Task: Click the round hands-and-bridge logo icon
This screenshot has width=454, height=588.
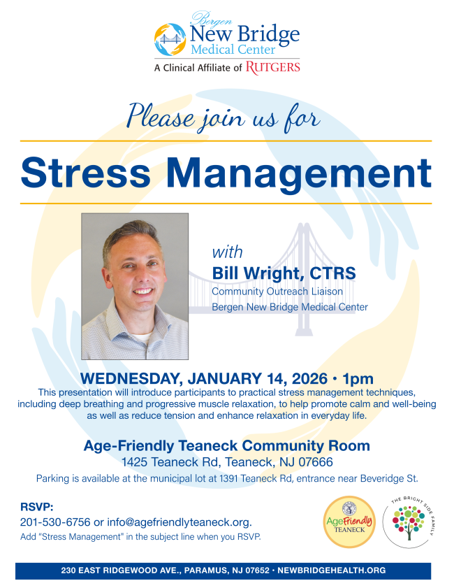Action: pyautogui.click(x=170, y=39)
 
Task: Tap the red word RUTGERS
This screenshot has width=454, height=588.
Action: pyautogui.click(x=272, y=68)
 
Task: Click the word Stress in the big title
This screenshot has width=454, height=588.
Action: pyautogui.click(x=86, y=173)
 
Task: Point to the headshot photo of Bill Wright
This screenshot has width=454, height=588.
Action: pyautogui.click(x=135, y=287)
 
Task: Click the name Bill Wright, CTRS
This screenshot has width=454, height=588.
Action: pyautogui.click(x=284, y=273)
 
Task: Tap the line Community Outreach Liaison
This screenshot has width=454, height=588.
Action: pyautogui.click(x=277, y=292)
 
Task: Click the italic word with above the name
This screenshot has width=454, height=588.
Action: pyautogui.click(x=228, y=252)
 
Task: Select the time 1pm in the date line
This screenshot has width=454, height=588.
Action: pyautogui.click(x=358, y=379)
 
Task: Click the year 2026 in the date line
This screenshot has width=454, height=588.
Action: pyautogui.click(x=309, y=378)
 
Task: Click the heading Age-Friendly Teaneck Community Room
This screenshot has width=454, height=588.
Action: pyautogui.click(x=226, y=445)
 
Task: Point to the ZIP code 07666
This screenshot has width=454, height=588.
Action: pyautogui.click(x=316, y=462)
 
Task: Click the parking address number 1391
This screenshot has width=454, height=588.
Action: pyautogui.click(x=229, y=478)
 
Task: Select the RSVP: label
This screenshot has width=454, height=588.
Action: pyautogui.click(x=37, y=508)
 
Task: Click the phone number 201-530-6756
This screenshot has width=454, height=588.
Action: pyautogui.click(x=55, y=522)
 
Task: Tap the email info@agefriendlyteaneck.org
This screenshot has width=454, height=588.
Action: pyautogui.click(x=180, y=522)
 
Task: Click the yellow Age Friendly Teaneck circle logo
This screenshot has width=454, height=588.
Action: pyautogui.click(x=349, y=522)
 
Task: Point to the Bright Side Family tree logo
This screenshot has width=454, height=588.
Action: pyautogui.click(x=409, y=522)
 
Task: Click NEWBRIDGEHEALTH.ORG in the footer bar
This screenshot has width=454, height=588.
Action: pyautogui.click(x=332, y=571)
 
